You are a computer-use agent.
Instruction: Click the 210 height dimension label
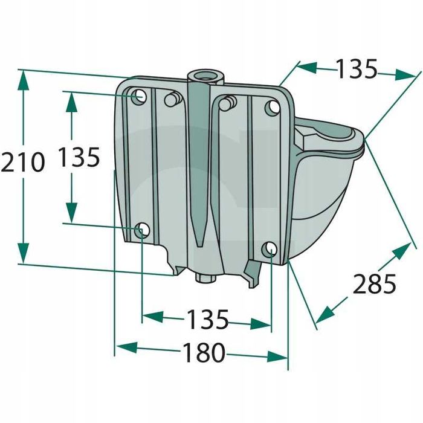pyautogui.click(x=23, y=163)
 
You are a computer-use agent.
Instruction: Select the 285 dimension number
pyautogui.click(x=375, y=283)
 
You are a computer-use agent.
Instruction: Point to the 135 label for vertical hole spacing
pyautogui.click(x=79, y=158)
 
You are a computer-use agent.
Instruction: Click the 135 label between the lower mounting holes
pyautogui.click(x=207, y=320)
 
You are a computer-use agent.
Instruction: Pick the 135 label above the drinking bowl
pyautogui.click(x=357, y=69)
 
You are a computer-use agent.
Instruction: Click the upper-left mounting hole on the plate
pyautogui.click(x=139, y=96)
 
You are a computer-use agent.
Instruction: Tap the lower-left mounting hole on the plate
pyautogui.click(x=142, y=230)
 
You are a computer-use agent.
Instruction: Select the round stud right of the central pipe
pyautogui.click(x=226, y=103)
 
